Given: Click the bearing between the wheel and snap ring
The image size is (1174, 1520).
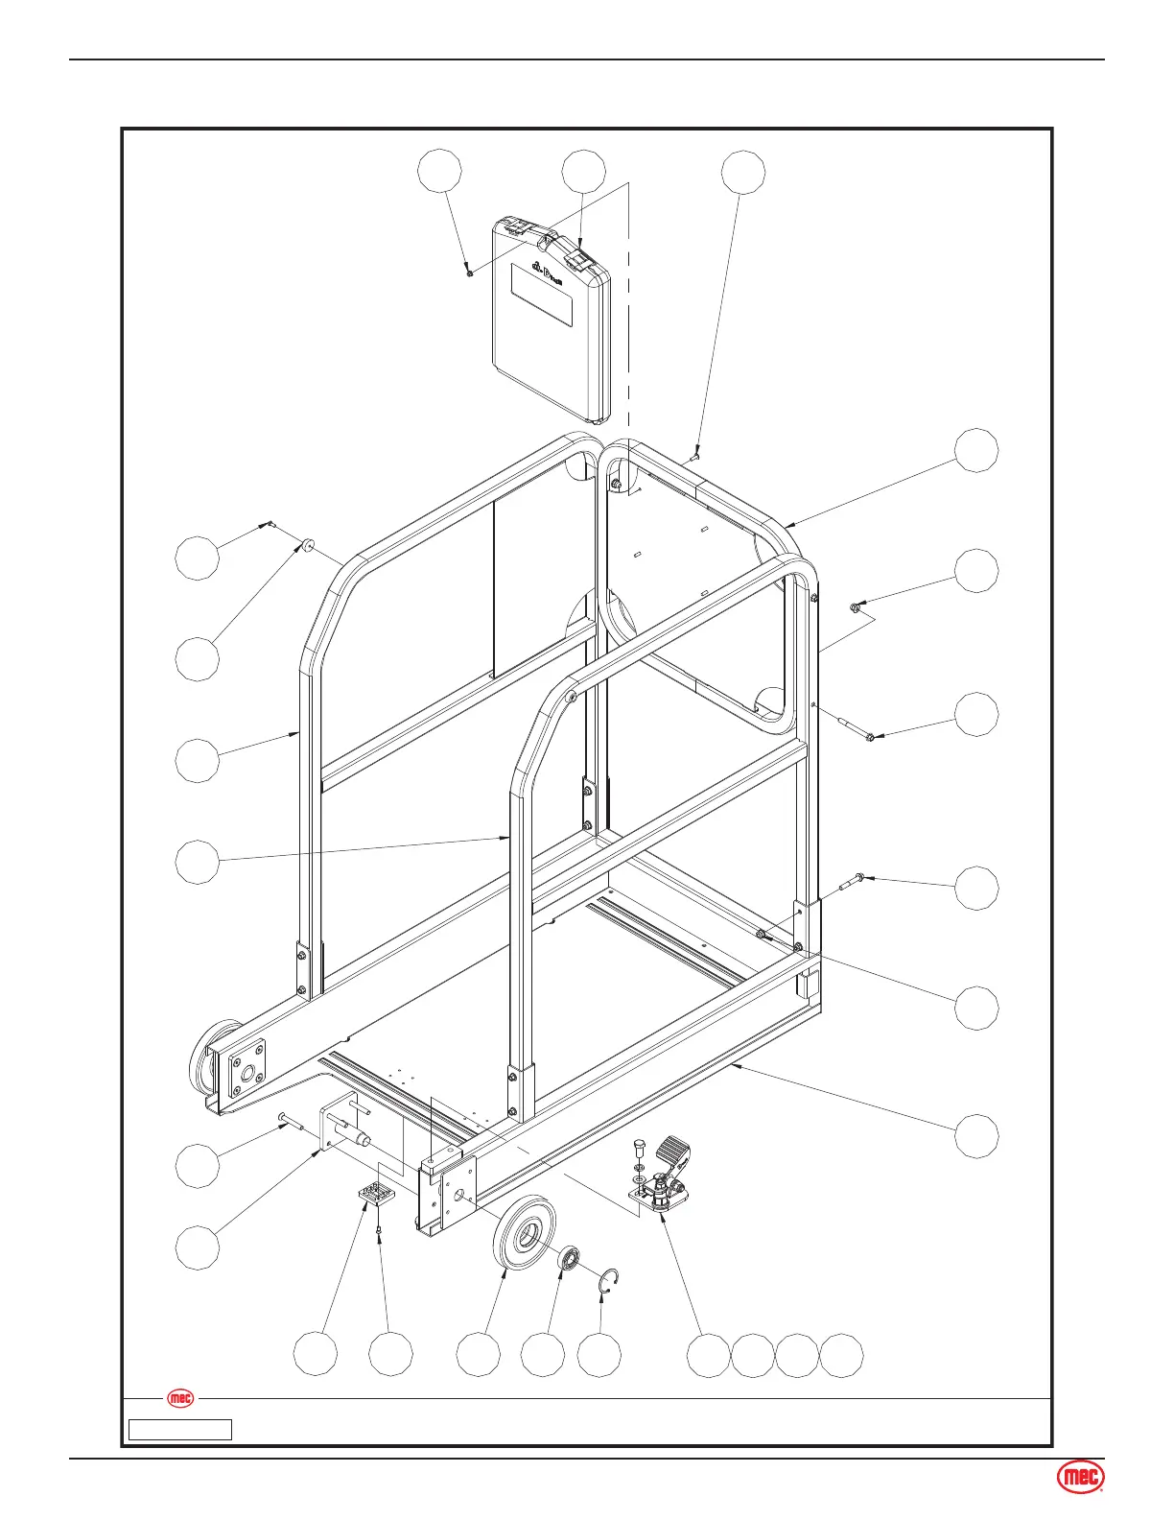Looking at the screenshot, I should [570, 1257].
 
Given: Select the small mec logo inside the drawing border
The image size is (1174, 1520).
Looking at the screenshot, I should [180, 1398].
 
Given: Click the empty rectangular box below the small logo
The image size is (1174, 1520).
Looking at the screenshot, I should [180, 1430].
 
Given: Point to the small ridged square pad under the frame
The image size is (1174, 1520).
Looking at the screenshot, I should [376, 1194].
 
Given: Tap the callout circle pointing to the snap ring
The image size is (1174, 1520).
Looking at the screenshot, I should [599, 1355].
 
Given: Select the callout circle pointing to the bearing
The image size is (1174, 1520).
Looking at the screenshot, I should [543, 1355].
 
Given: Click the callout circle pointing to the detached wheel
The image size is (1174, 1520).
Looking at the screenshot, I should [478, 1355].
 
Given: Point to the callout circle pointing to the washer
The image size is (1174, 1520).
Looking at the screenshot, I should [198, 659].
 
